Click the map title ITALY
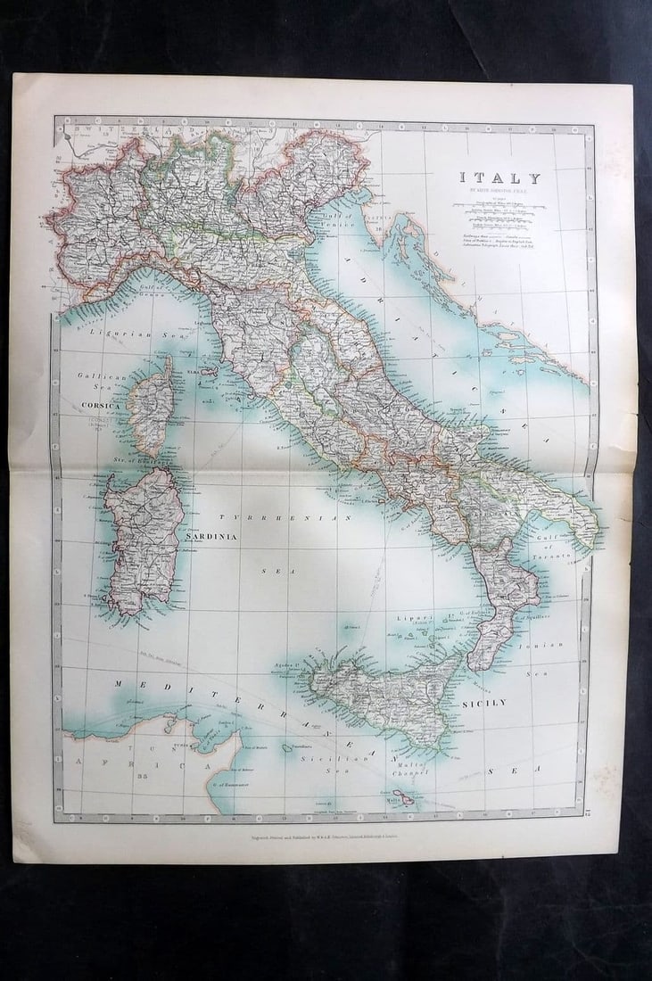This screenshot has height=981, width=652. [499, 177]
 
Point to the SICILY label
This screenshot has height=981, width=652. [484, 703]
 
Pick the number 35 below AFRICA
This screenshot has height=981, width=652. [142, 777]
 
